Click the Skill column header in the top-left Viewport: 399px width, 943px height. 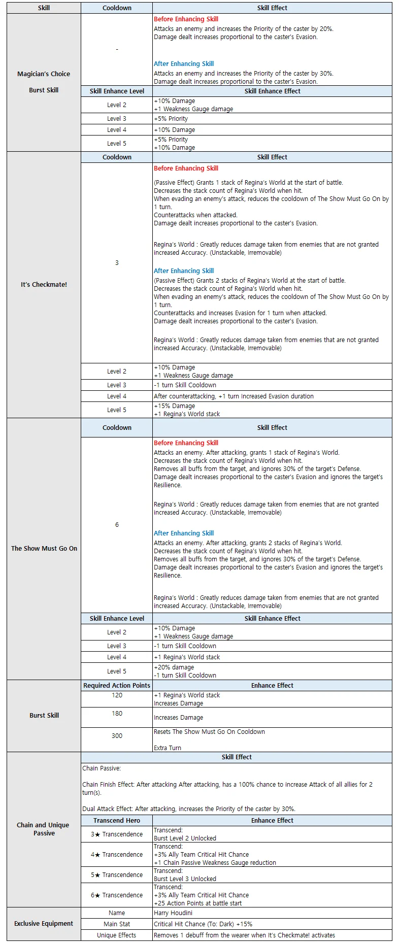point(44,8)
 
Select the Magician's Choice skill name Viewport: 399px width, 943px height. point(44,74)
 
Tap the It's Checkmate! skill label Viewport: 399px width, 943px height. point(44,285)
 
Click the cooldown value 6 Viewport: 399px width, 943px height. point(117,525)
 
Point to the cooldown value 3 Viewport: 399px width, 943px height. point(117,263)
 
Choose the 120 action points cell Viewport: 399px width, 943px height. point(117,695)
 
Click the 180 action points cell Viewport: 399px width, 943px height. point(117,714)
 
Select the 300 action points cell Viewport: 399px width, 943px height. point(117,736)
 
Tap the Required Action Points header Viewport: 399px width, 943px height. point(117,686)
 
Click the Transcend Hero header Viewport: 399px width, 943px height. point(117,821)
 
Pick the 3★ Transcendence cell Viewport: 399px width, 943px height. point(117,834)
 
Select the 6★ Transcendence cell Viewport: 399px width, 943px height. point(117,895)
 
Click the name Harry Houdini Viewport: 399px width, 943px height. point(173,913)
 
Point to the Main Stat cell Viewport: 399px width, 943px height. point(117,924)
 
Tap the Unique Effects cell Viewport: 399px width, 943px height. point(117,935)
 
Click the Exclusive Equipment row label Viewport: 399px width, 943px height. point(44,924)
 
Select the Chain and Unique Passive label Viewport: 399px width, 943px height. point(44,829)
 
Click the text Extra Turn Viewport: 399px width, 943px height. point(168,748)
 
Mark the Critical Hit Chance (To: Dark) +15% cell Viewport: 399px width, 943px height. point(203,924)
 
